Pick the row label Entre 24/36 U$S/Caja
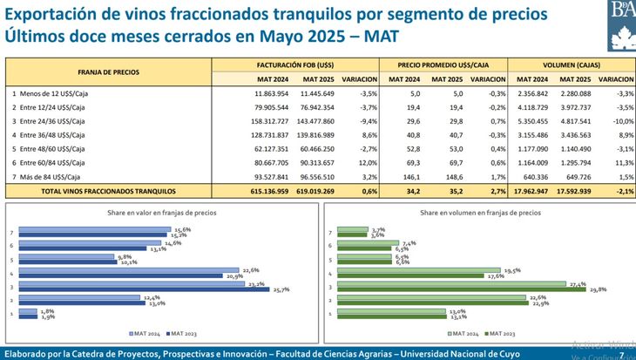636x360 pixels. (58, 120)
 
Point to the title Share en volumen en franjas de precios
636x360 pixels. (475, 212)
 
